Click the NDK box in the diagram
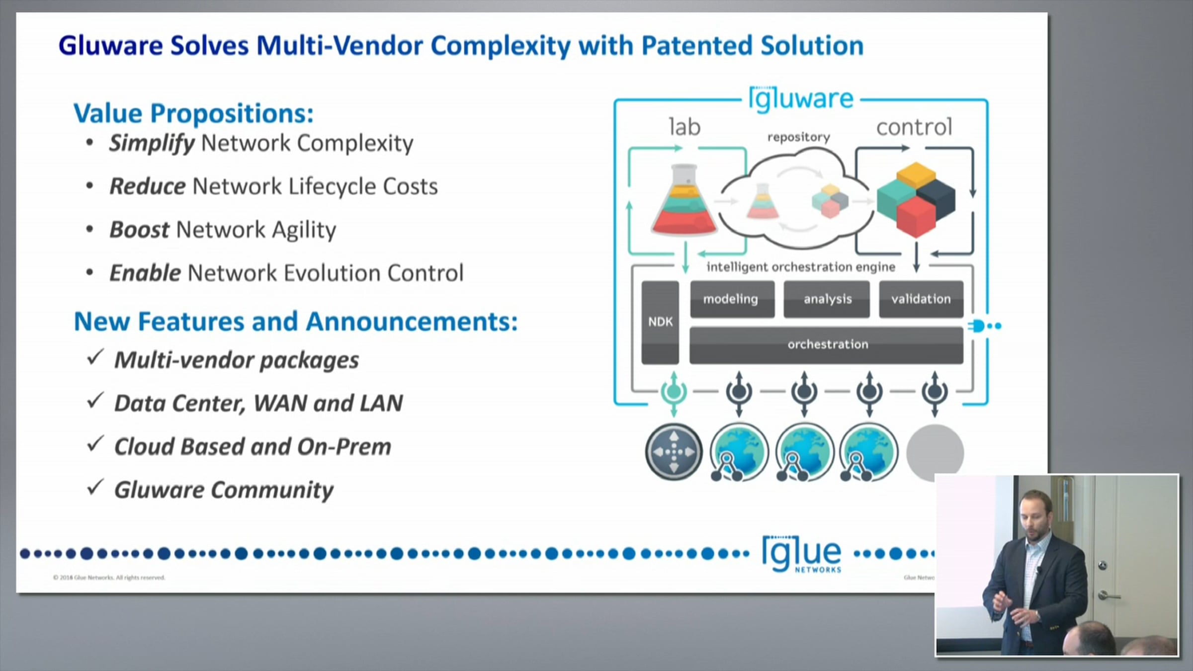click(660, 322)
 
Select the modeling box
click(732, 299)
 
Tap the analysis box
click(827, 299)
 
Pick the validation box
click(921, 299)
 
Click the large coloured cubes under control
click(916, 199)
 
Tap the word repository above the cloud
click(798, 137)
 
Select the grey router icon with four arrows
click(674, 452)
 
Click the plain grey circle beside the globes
click(935, 452)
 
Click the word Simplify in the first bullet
click(152, 143)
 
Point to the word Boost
click(139, 230)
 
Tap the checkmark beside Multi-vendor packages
click(94, 357)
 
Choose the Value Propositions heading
click(193, 113)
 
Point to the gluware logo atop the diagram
click(801, 99)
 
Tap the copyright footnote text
click(109, 578)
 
